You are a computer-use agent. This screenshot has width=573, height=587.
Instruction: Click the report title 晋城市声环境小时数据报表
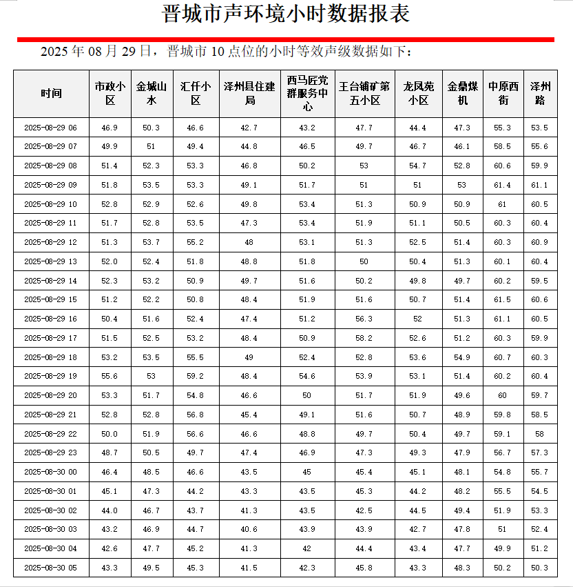coord(286,14)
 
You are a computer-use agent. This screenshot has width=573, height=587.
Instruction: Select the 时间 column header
coord(51,94)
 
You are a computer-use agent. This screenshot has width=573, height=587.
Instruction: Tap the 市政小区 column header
coord(110,94)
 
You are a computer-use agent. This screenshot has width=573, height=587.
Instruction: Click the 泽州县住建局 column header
coord(250,94)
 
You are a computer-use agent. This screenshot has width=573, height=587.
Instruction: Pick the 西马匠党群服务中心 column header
coord(307,94)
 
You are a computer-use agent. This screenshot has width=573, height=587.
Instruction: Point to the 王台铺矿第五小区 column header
coord(364,94)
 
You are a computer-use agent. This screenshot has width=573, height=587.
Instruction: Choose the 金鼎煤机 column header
coord(462,94)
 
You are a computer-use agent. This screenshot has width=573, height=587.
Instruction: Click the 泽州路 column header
coord(540,94)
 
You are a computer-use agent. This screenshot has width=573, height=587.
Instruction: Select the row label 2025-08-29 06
coord(51,128)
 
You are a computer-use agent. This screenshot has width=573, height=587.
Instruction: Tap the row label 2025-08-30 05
coord(51,568)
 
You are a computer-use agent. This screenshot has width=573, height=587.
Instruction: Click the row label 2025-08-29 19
coord(51,377)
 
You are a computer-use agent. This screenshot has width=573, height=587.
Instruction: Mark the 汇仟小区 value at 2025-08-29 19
coord(196,377)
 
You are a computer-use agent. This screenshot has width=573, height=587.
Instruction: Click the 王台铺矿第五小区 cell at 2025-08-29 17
coord(364,338)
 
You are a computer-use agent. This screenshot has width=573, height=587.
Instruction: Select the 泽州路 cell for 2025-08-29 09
coord(540,186)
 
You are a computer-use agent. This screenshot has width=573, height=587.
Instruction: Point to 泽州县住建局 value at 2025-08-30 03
coord(250,529)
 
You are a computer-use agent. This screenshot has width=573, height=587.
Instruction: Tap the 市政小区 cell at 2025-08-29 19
coord(110,377)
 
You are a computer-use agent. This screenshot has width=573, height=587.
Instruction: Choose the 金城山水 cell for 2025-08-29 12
coord(152,243)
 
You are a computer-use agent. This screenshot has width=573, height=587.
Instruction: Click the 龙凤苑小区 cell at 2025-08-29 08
coord(418,166)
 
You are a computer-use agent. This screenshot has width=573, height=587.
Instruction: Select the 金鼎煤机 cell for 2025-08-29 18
coord(462,357)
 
